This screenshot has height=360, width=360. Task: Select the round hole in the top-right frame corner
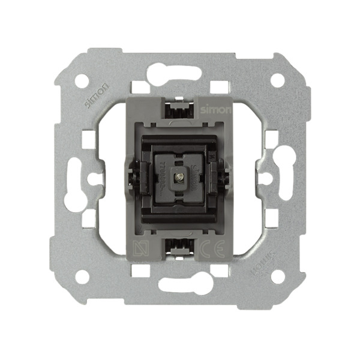pyautogui.click(x=277, y=79)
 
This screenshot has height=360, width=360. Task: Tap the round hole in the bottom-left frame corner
pyautogui.click(x=82, y=276)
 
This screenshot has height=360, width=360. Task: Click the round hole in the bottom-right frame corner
pyautogui.click(x=277, y=276)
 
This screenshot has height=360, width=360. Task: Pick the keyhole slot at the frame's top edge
pyautogui.click(x=174, y=73)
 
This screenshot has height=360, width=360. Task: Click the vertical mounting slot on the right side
pyautogui.click(x=282, y=178)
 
